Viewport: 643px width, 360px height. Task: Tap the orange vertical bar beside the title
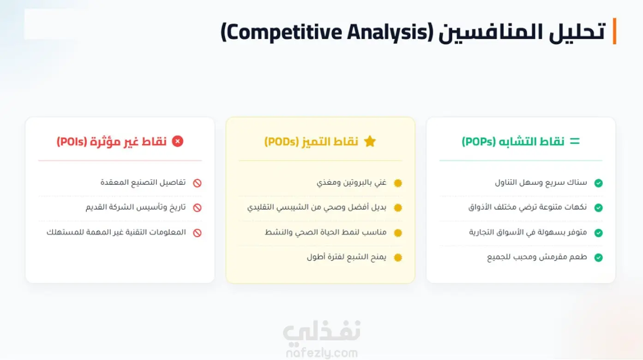pos(614,31)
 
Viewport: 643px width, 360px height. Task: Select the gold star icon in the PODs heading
pos(370,141)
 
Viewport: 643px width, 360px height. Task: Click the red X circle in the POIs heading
pos(177,141)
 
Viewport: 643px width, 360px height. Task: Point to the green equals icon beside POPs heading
pos(575,141)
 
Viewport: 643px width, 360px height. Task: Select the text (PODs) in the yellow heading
pos(282,142)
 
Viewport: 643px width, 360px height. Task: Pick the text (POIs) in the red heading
pos(72,142)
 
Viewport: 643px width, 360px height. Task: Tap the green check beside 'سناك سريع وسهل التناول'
pos(598,183)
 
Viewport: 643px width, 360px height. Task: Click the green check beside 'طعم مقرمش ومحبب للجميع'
pos(598,258)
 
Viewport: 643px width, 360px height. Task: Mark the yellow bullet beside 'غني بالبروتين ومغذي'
pos(398,183)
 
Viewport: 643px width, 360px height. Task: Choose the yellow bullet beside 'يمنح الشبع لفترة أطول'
pos(398,258)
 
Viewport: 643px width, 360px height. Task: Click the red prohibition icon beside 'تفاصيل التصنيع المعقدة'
pos(197,183)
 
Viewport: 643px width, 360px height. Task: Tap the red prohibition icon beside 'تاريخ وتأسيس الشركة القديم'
pos(197,208)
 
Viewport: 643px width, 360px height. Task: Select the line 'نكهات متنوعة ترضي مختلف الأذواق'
pos(528,207)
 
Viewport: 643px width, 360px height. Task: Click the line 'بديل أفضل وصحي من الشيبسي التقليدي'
pos(317,207)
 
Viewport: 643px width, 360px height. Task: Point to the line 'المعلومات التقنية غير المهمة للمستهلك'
pos(116,232)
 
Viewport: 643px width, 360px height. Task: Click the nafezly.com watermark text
pos(322,353)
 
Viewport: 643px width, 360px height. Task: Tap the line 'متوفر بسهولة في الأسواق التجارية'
pos(528,232)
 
